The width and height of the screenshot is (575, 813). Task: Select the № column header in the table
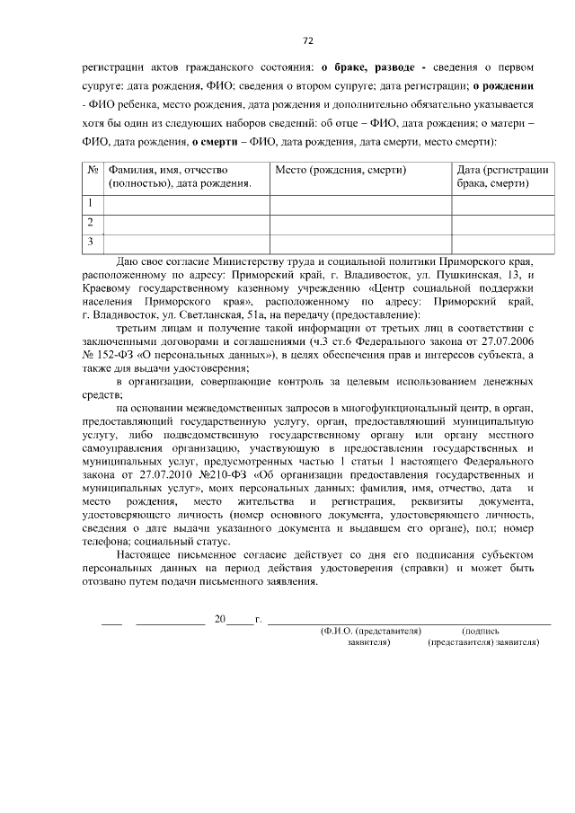pyautogui.click(x=93, y=170)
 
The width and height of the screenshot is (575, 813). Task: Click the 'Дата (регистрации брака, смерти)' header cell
pyautogui.click(x=502, y=176)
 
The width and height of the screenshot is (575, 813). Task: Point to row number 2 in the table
pyautogui.click(x=91, y=222)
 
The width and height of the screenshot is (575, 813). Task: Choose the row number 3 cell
pyautogui.click(x=91, y=241)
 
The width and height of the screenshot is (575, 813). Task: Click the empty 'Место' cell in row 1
pyautogui.click(x=360, y=203)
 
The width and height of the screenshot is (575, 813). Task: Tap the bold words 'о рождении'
pyautogui.click(x=503, y=85)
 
